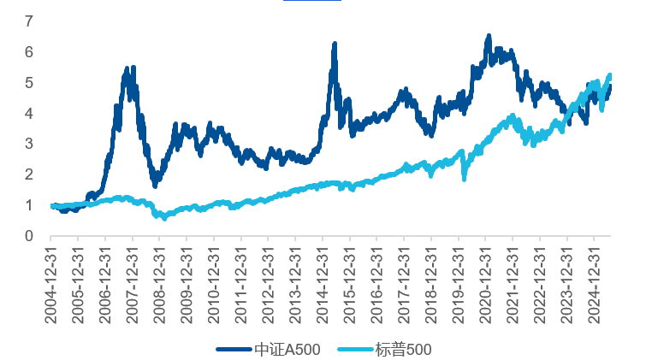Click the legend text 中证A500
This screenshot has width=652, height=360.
click(x=287, y=349)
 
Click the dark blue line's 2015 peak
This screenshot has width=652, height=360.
click(x=334, y=44)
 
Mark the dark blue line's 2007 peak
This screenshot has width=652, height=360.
click(x=127, y=68)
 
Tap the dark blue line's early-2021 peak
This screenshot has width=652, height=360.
click(x=489, y=37)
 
